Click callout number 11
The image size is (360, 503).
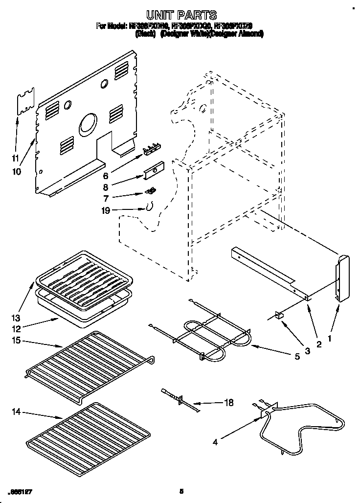click(15, 158)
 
